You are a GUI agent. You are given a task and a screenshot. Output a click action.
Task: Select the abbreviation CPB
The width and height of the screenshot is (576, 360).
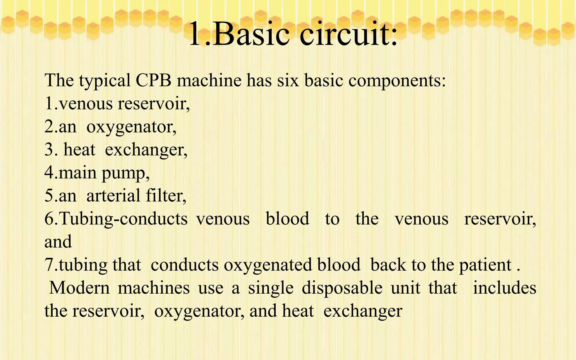153,80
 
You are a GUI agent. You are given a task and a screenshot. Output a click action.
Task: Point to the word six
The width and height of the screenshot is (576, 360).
288,80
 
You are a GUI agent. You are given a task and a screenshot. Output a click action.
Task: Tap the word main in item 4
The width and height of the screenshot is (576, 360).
78,172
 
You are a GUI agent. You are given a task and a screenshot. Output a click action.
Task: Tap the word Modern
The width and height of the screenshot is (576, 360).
80,288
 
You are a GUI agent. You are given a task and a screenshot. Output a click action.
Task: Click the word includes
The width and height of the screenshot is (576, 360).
505,288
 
